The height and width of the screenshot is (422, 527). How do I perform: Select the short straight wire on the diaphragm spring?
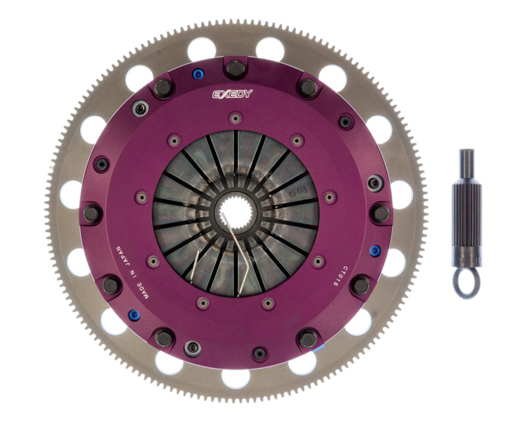[x=195, y=270]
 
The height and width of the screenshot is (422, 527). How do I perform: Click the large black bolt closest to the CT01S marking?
[x=360, y=286]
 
